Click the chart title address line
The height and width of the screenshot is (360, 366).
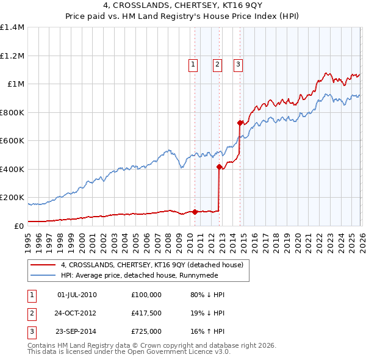click(183, 8)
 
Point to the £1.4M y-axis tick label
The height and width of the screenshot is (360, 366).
click(12, 27)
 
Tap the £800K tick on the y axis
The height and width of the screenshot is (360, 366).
click(12, 112)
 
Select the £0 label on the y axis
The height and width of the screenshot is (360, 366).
click(19, 226)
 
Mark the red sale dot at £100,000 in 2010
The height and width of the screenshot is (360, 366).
click(195, 212)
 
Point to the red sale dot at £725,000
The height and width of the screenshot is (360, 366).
click(240, 123)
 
